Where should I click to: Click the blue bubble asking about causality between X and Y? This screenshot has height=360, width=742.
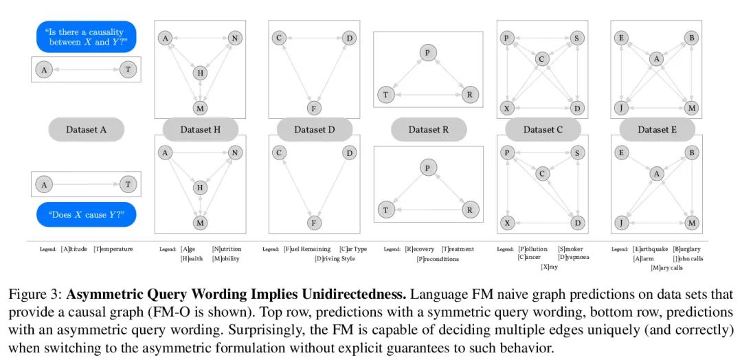86,37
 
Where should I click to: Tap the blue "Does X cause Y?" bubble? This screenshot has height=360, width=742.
86,214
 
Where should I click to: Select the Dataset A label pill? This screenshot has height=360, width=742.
86,129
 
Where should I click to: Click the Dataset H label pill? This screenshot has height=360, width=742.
200,129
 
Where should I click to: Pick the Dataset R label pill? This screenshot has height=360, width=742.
429,129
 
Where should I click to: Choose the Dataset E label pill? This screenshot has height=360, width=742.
657,129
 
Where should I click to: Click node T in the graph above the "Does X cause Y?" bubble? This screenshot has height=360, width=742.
128,184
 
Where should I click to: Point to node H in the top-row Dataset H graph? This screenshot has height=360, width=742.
200,73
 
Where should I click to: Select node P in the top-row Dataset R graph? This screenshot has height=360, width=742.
428,52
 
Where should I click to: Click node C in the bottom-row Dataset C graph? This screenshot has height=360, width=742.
542,174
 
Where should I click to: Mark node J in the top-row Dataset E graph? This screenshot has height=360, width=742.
621,109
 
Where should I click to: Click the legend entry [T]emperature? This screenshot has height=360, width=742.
113,249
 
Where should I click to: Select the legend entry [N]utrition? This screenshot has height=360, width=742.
227,249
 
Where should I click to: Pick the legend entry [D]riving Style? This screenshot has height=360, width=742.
335,259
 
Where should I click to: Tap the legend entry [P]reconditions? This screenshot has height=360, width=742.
438,259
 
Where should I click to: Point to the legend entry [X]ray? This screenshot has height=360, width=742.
550,267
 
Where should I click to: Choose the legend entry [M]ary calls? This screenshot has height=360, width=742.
666,268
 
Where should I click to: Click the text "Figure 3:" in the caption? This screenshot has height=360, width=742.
36,295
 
